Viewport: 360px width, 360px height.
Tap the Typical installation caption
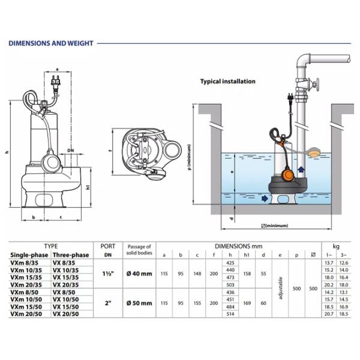click(227, 82)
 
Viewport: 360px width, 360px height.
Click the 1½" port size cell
click(108, 274)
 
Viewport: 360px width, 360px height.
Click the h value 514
click(228, 314)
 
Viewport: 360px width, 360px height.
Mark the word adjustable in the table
click(281, 289)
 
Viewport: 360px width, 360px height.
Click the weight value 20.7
click(328, 314)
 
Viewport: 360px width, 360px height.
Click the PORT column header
click(108, 246)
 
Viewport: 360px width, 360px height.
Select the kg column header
click(335, 246)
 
